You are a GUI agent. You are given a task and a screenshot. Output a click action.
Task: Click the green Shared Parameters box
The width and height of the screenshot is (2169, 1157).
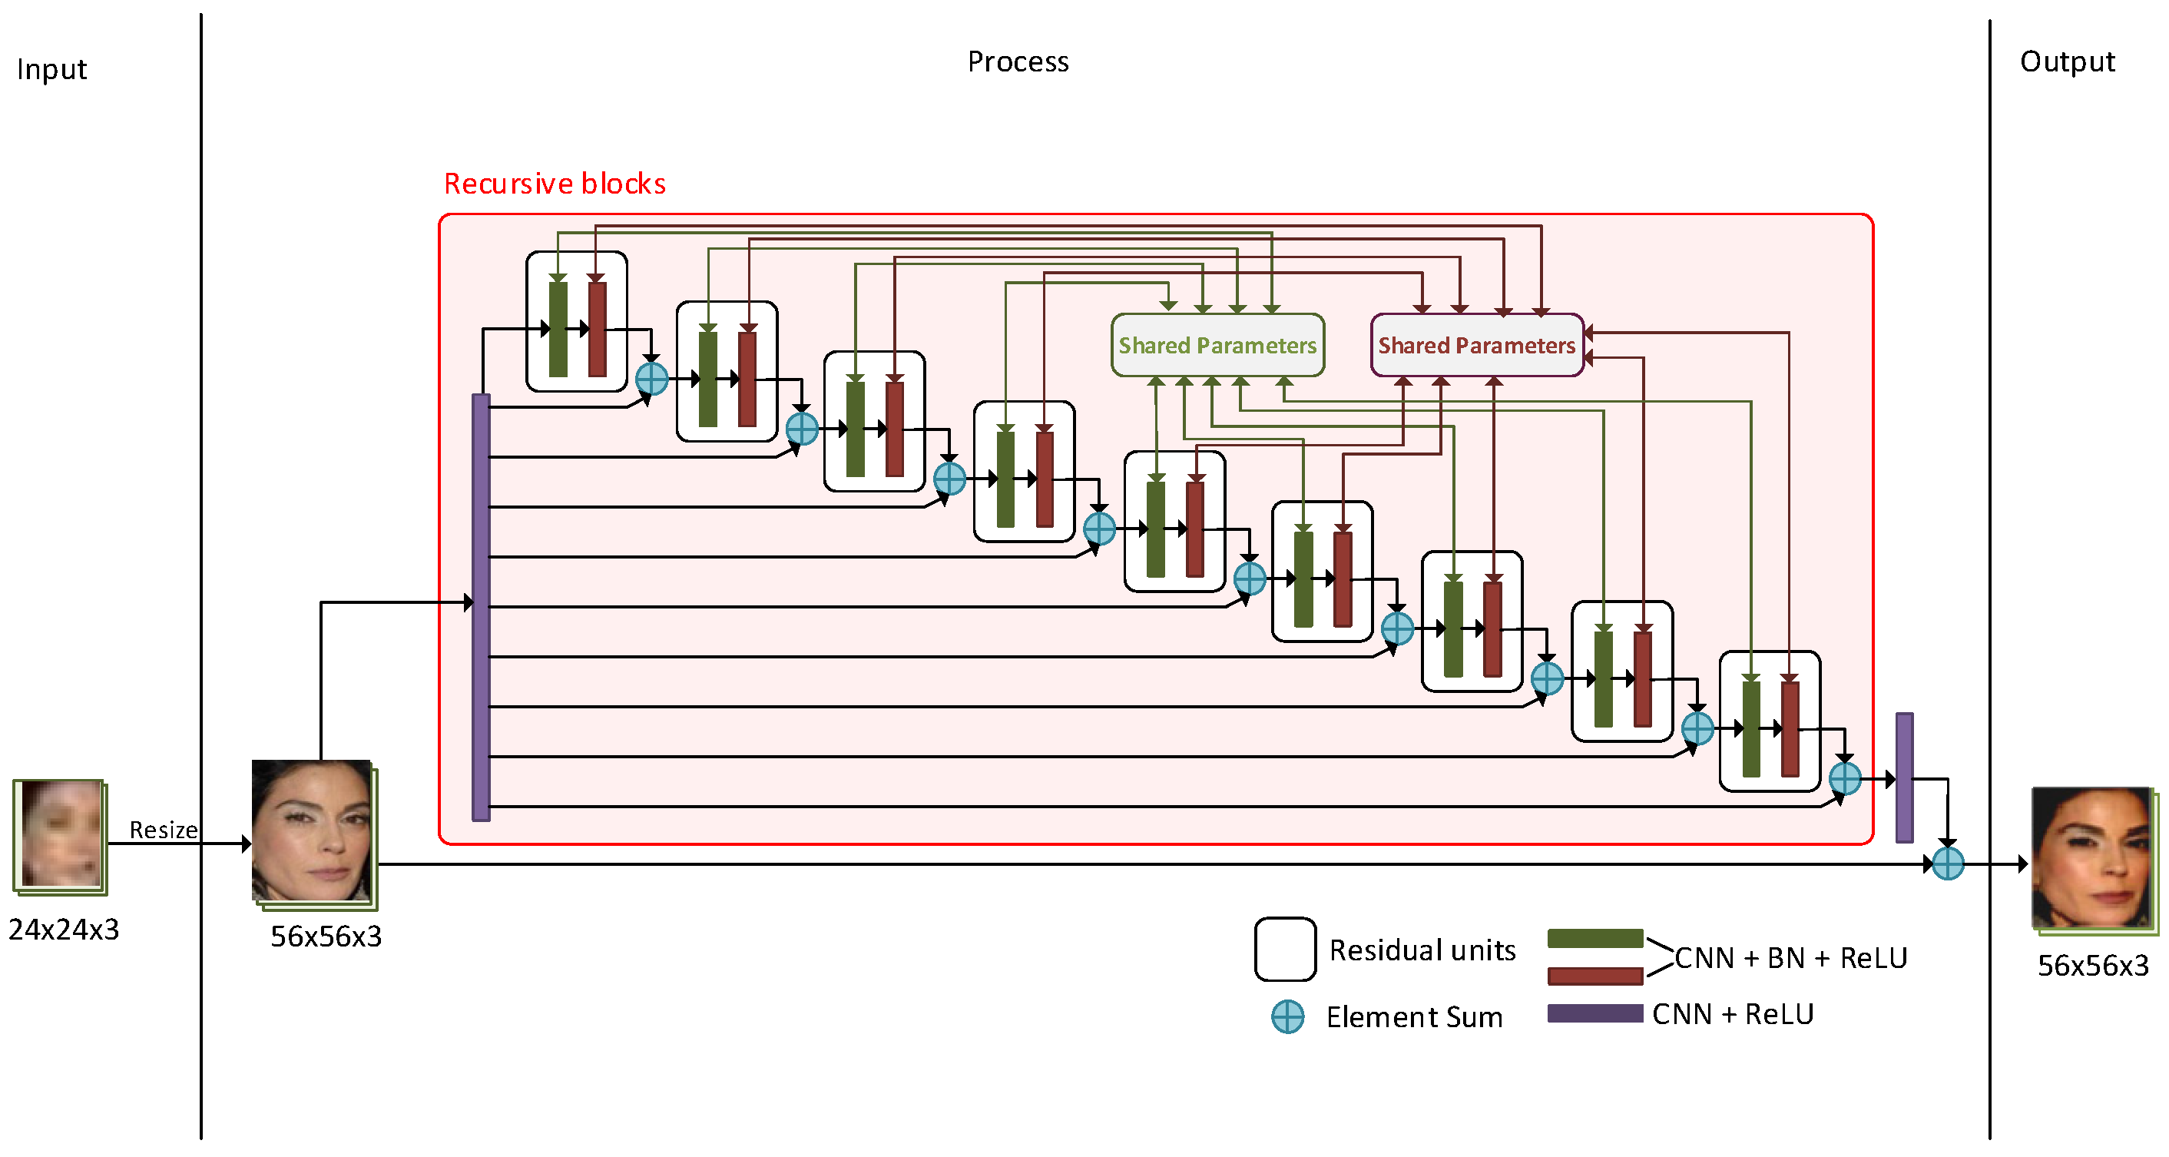click(x=1217, y=345)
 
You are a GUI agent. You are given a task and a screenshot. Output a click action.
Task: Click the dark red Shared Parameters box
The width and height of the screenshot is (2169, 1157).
click(x=1476, y=345)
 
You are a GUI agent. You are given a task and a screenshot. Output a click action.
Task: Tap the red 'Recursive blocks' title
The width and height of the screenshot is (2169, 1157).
click(x=554, y=184)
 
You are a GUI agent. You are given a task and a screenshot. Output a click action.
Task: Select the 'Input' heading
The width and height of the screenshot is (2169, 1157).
click(x=51, y=69)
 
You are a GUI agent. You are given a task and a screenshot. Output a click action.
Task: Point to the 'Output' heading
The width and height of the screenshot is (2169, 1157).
click(x=2067, y=61)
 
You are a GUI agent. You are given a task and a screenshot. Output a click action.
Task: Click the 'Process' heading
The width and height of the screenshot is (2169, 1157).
click(x=1017, y=61)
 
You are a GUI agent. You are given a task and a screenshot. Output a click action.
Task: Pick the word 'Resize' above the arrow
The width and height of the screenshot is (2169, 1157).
click(x=164, y=830)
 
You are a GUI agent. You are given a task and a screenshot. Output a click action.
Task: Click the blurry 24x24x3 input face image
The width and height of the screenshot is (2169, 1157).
click(x=60, y=834)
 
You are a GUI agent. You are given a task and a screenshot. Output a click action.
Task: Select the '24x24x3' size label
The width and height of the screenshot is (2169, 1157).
click(x=64, y=930)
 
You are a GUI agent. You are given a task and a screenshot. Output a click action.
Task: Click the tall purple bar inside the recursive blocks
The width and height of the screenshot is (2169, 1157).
click(x=481, y=606)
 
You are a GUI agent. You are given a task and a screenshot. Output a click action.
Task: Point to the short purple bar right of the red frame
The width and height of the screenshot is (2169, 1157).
click(x=1904, y=777)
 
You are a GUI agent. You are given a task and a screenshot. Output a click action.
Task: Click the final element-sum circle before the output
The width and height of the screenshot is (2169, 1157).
click(x=1948, y=863)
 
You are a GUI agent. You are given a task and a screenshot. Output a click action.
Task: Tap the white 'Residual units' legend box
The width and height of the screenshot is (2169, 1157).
click(x=1285, y=949)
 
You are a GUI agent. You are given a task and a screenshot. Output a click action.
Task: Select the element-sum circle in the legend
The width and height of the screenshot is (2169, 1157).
click(x=1287, y=1016)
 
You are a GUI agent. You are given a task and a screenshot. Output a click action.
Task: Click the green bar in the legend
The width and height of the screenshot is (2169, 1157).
click(x=1594, y=939)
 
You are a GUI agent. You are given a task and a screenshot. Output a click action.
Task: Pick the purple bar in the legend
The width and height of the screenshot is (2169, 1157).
click(x=1594, y=1013)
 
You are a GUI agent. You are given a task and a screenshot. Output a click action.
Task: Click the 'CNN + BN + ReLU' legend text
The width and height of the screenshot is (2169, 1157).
click(x=1790, y=958)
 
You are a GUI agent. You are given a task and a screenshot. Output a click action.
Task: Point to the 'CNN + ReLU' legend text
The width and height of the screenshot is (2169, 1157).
click(x=1732, y=1014)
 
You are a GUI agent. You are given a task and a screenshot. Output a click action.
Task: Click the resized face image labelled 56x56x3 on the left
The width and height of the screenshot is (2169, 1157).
click(x=313, y=831)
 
